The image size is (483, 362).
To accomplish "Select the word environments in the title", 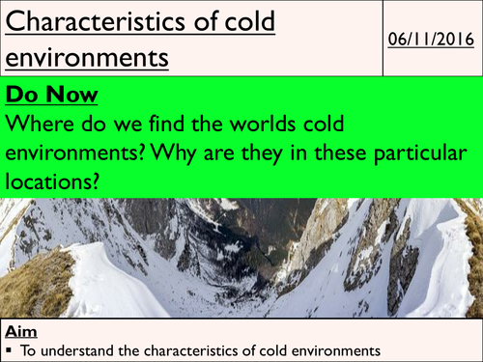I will point(88,58).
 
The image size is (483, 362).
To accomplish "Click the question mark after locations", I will point(99,181).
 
